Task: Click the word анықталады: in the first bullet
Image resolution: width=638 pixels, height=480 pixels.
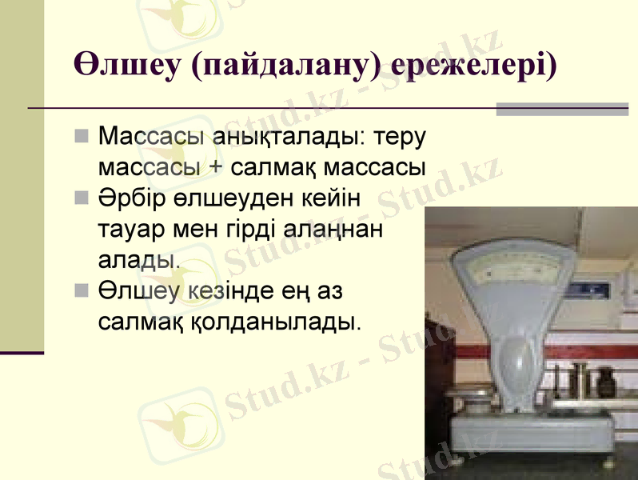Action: (x=287, y=137)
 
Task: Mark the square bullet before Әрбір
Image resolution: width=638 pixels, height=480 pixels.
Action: (x=81, y=198)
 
